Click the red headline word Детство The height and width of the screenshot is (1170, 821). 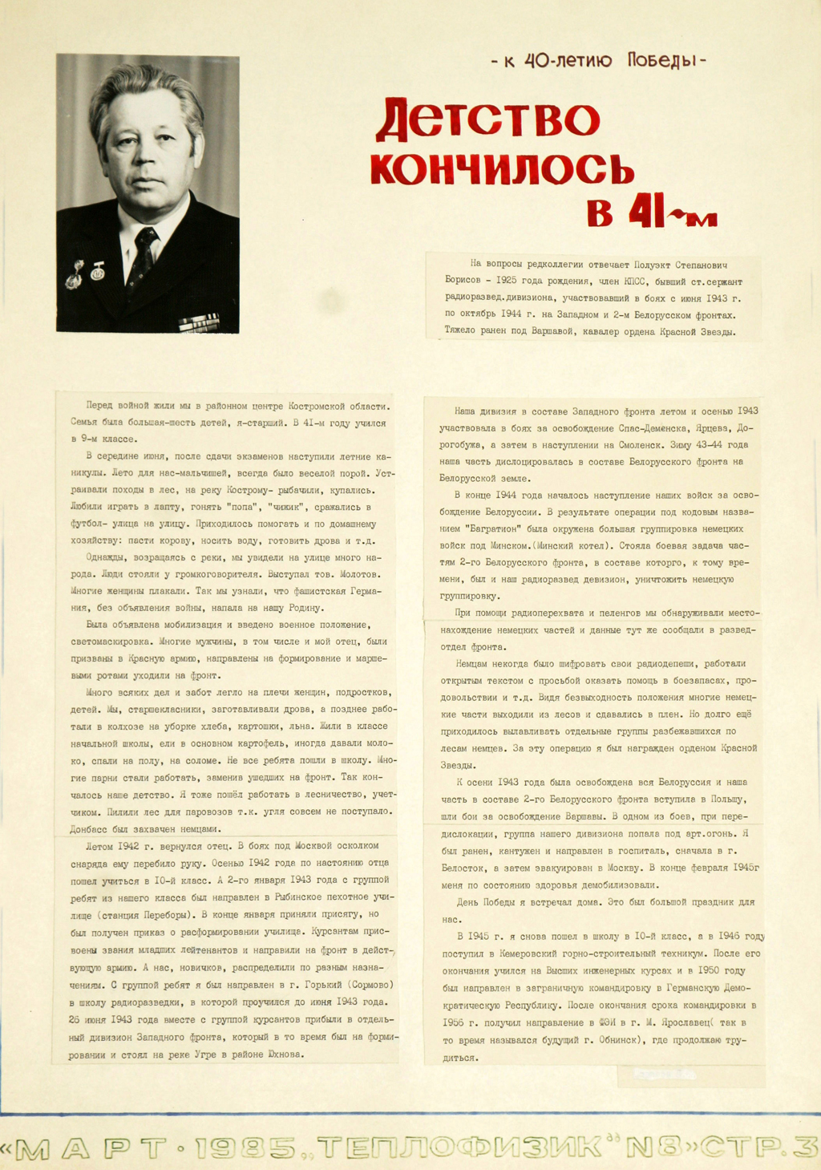click(x=487, y=120)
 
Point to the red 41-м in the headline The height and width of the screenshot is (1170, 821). click(x=651, y=212)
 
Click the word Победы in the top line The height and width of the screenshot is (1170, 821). click(x=662, y=61)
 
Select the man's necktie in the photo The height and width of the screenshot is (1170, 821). click(x=143, y=257)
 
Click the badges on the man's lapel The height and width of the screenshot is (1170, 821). click(x=85, y=273)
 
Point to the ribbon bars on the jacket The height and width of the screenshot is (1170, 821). click(x=199, y=322)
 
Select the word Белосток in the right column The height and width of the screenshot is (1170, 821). click(x=463, y=868)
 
